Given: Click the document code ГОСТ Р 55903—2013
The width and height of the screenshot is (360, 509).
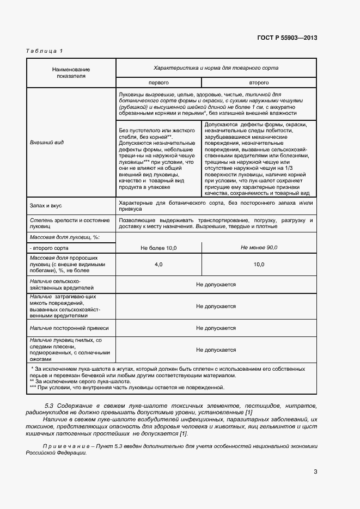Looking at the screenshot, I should click(x=286, y=38).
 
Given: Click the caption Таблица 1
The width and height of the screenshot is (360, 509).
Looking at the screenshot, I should click(x=45, y=51).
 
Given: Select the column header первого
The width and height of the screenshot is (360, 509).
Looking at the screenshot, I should click(x=158, y=82).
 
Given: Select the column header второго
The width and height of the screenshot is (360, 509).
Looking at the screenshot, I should click(x=259, y=82).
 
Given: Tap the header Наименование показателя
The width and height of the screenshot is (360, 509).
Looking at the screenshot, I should click(x=71, y=73).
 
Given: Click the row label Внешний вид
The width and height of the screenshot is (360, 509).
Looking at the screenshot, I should click(x=47, y=142).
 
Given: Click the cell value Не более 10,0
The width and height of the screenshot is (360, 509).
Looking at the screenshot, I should click(x=158, y=248).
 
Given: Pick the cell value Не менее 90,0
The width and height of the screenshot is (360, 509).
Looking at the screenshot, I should click(x=259, y=248).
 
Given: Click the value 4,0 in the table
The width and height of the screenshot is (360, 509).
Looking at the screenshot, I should click(x=158, y=264).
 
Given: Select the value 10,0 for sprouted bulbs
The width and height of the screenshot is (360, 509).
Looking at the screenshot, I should click(x=259, y=264).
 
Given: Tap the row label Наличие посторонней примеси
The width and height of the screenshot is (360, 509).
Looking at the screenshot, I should click(x=69, y=328).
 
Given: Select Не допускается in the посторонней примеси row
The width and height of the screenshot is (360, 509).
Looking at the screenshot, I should click(x=216, y=328).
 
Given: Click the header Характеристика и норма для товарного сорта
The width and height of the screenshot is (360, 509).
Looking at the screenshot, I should click(x=216, y=68).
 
